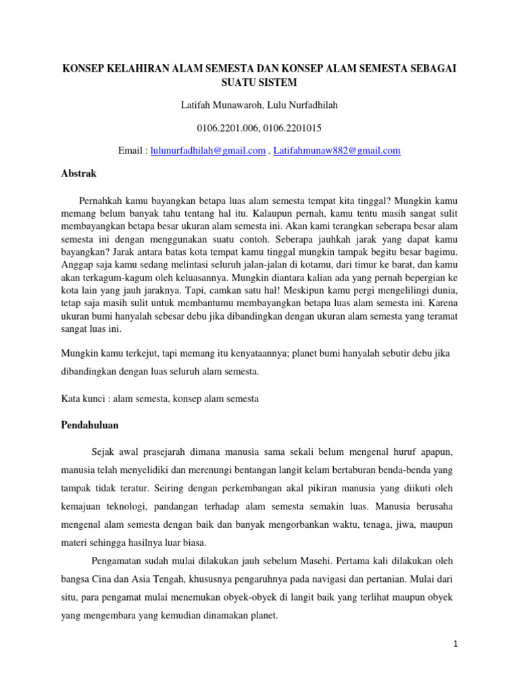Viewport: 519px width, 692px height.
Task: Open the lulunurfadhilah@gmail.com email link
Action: pyautogui.click(x=207, y=151)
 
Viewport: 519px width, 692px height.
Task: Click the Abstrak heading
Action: pyautogui.click(x=78, y=174)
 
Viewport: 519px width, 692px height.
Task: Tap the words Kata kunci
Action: pyautogui.click(x=83, y=399)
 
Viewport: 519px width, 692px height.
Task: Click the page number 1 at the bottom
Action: pyautogui.click(x=456, y=644)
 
